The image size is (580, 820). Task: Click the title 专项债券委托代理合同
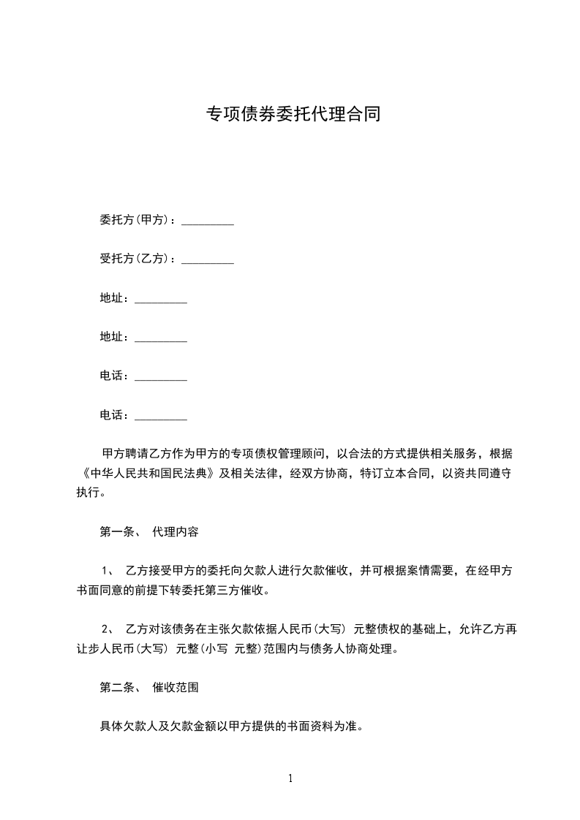pyautogui.click(x=293, y=115)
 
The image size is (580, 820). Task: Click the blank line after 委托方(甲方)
pyautogui.click(x=207, y=221)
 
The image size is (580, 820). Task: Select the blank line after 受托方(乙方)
pyautogui.click(x=207, y=259)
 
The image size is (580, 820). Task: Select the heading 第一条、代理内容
pyautogui.click(x=148, y=532)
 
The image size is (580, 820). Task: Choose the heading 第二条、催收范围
pyautogui.click(x=148, y=688)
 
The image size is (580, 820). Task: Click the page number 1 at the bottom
pyautogui.click(x=290, y=778)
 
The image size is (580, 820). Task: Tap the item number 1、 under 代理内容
pyautogui.click(x=106, y=571)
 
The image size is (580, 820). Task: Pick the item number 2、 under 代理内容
pyautogui.click(x=106, y=629)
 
